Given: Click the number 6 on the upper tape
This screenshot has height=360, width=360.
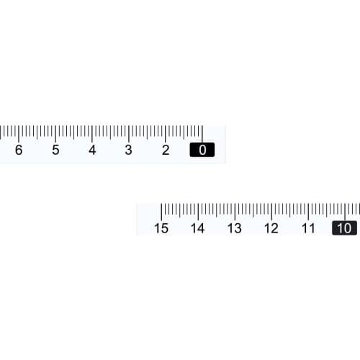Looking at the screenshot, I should point(19,150).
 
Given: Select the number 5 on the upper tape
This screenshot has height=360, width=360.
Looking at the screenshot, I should point(55,150).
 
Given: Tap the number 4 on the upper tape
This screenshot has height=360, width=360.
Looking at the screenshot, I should point(92,150).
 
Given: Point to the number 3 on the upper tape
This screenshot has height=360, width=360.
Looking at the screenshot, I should point(129,150).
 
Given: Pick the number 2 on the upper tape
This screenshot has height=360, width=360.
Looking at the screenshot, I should point(166,150).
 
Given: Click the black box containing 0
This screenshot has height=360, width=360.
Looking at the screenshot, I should point(202,150).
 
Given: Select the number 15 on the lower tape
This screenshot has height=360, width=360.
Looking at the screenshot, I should point(161,228).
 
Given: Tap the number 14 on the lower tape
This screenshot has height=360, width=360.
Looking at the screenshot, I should point(197,228).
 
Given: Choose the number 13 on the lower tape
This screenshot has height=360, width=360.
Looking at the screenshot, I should point(234,228).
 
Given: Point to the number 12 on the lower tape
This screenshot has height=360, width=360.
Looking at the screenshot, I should point(271,228).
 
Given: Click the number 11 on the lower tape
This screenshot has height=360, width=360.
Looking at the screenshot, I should point(308,228).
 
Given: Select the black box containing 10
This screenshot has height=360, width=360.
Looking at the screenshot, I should point(344,228).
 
